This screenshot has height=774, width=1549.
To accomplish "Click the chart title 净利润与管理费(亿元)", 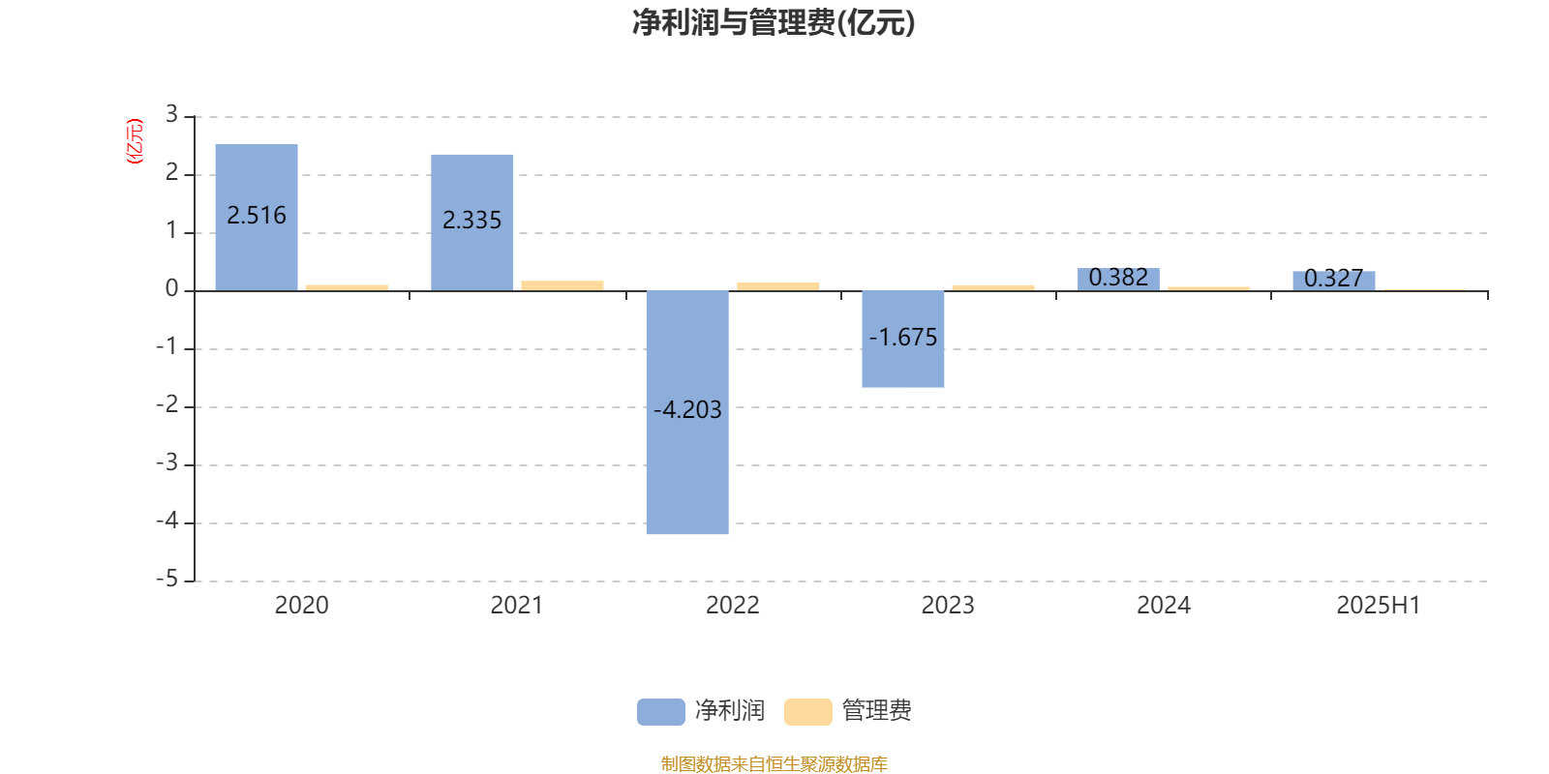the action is [774, 23].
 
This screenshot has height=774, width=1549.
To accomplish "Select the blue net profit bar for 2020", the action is [257, 217].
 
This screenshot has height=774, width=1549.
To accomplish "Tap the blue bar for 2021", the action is [472, 223].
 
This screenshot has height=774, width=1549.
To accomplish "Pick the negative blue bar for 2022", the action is [687, 412].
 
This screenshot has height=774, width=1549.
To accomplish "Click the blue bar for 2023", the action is [903, 340].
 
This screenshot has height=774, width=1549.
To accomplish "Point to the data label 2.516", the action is [257, 216].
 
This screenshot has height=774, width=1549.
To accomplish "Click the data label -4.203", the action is [687, 410].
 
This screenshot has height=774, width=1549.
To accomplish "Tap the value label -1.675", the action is [903, 338].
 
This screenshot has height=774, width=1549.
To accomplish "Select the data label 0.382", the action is [1118, 277].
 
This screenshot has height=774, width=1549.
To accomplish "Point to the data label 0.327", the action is [1334, 279].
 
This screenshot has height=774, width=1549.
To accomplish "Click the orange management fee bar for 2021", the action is [562, 286].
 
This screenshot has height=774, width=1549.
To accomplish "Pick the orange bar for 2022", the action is [778, 286].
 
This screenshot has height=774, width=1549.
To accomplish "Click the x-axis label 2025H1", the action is [1379, 606].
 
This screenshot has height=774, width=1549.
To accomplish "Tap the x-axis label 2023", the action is [948, 606].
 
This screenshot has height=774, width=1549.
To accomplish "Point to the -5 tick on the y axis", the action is [167, 580].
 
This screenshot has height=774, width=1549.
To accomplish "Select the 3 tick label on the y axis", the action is [171, 114].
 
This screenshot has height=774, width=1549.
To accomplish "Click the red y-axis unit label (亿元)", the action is [135, 141].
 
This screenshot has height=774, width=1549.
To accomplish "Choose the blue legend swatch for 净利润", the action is [661, 712].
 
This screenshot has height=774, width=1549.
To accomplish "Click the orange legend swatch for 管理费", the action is [807, 712].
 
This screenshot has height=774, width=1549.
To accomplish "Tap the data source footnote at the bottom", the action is [774, 763].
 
